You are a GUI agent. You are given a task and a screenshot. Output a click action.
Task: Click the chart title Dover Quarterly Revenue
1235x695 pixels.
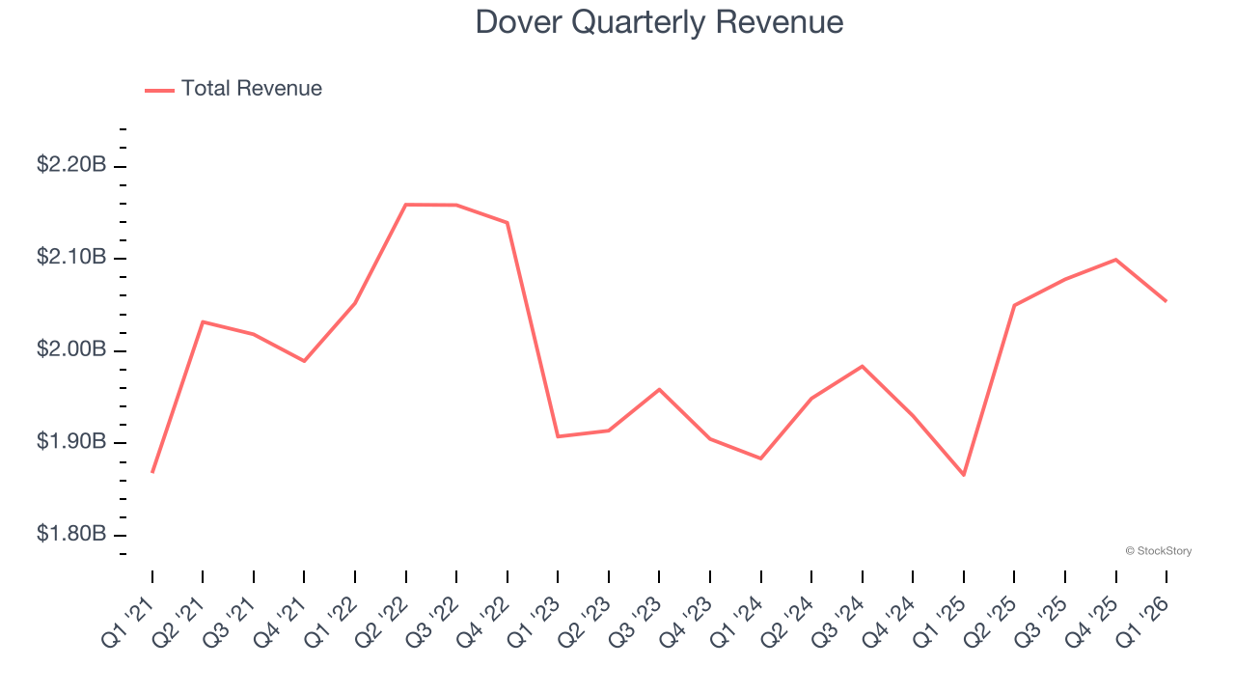(x=659, y=22)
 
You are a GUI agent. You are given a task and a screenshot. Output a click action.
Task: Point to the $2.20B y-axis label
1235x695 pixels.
(x=71, y=165)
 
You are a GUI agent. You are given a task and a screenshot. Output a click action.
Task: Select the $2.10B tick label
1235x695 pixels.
(x=71, y=258)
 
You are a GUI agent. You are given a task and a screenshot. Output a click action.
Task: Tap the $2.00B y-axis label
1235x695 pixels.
(x=71, y=349)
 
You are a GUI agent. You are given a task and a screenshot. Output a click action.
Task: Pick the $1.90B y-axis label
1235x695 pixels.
(x=71, y=442)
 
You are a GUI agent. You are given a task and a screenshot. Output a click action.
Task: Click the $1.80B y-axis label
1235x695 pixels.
(x=71, y=534)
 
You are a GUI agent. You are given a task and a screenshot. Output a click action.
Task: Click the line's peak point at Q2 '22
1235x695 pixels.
(x=406, y=205)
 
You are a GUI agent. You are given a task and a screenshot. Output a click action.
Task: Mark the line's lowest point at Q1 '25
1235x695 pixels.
(x=964, y=475)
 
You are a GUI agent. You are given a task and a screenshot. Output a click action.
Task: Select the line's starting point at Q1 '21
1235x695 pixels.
(x=152, y=472)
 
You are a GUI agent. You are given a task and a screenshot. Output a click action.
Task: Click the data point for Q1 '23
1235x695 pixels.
(x=559, y=436)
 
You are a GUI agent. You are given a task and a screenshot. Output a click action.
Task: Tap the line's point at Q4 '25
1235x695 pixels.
(x=1115, y=260)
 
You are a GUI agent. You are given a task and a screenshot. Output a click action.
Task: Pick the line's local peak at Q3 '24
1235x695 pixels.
(x=863, y=366)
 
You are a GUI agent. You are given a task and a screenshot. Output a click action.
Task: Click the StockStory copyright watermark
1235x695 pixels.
(x=1158, y=551)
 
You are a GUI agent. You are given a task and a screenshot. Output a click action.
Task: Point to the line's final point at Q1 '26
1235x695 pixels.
(x=1166, y=301)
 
